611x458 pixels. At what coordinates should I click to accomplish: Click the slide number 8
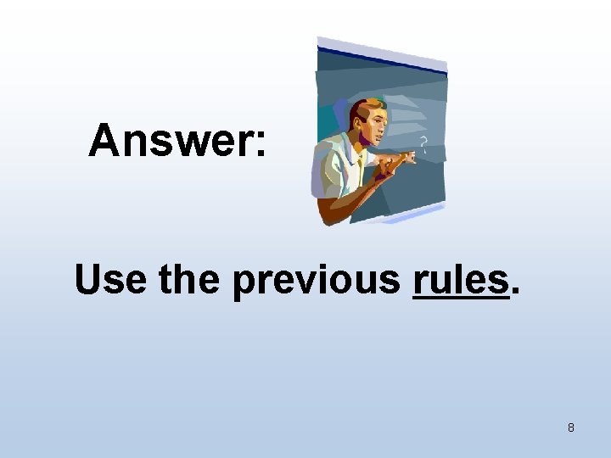tap(570, 427)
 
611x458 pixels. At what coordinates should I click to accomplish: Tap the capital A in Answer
tap(106, 140)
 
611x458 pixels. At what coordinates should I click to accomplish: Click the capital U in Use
tap(89, 279)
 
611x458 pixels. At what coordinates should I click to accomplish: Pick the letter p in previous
tap(243, 283)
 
